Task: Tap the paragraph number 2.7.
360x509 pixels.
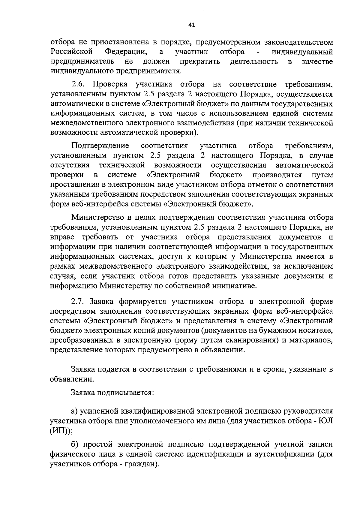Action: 78,301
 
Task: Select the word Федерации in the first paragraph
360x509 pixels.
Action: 126,52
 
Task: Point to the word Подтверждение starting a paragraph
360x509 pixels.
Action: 100,146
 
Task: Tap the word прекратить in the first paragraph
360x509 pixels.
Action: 200,62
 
